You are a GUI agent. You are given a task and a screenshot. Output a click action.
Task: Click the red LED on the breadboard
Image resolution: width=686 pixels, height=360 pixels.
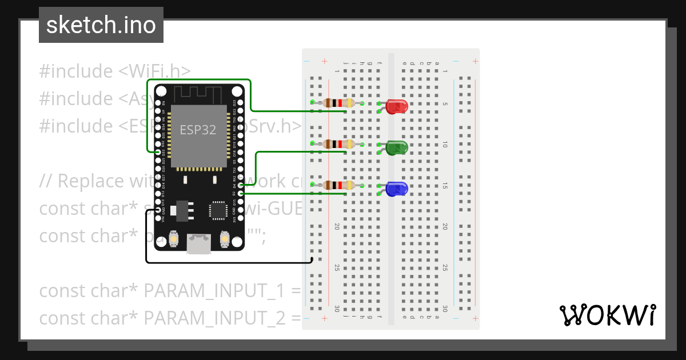click(396, 106)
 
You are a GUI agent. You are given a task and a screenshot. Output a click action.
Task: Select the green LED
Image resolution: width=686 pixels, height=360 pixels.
click(396, 148)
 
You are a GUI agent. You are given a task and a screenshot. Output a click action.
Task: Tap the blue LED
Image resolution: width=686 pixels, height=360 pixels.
click(396, 189)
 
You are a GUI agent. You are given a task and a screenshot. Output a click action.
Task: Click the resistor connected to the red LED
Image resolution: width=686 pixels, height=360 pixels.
click(337, 103)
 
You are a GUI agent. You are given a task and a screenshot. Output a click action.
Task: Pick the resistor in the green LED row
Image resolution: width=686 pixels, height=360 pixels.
click(337, 144)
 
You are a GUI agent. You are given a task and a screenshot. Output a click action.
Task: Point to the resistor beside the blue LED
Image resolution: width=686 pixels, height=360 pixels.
click(337, 185)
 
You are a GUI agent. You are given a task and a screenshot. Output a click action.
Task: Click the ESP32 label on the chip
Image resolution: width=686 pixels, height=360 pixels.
click(198, 130)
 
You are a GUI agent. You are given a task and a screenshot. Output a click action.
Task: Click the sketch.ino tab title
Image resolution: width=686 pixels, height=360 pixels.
click(101, 25)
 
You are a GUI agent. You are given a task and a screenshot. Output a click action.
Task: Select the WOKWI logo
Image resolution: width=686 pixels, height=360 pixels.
click(607, 315)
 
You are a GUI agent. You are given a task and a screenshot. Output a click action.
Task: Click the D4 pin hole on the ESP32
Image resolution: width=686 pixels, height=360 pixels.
click(241, 185)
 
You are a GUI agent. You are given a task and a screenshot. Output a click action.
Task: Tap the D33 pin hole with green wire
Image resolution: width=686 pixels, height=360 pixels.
click(157, 152)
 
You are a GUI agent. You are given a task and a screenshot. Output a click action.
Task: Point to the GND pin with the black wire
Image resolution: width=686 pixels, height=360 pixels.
click(157, 210)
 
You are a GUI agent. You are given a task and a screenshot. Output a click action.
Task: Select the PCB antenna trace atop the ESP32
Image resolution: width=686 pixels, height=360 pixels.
click(197, 93)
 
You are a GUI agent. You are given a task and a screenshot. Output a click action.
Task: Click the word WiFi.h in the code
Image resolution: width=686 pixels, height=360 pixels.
click(154, 71)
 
